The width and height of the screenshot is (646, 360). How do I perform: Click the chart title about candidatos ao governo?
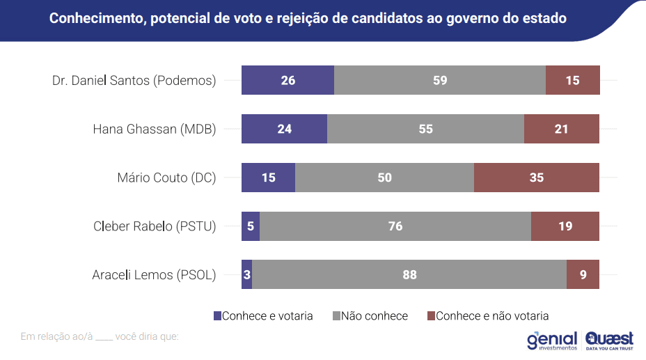point(308,19)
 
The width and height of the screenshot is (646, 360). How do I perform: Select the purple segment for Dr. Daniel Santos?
point(287,80)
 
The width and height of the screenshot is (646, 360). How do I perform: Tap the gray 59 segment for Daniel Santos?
point(439,80)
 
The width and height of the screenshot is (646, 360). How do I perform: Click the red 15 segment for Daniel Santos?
point(572,80)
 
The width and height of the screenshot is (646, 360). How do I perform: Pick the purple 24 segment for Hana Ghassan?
point(284,129)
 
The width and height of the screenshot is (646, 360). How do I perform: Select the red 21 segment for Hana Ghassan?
point(561,129)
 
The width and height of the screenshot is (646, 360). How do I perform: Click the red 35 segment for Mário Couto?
point(536,178)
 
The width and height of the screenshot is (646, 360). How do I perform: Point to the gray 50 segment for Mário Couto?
point(384,178)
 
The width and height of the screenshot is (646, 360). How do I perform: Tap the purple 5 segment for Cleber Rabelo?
point(251,226)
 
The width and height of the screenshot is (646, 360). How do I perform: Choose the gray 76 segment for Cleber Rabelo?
point(395,226)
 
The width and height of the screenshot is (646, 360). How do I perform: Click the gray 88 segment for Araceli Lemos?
point(409,275)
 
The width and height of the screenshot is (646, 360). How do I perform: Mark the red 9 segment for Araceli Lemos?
point(583,275)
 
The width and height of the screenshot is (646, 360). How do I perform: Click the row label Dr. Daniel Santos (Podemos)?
point(134,80)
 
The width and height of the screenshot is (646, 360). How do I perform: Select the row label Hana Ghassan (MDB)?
point(155,129)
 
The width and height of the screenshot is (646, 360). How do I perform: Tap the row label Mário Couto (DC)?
point(166,178)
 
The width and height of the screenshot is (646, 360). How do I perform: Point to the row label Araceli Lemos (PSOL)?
point(154,275)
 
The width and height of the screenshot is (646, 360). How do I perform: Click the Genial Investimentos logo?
point(552,340)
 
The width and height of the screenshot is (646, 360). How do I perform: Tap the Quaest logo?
point(610,340)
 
